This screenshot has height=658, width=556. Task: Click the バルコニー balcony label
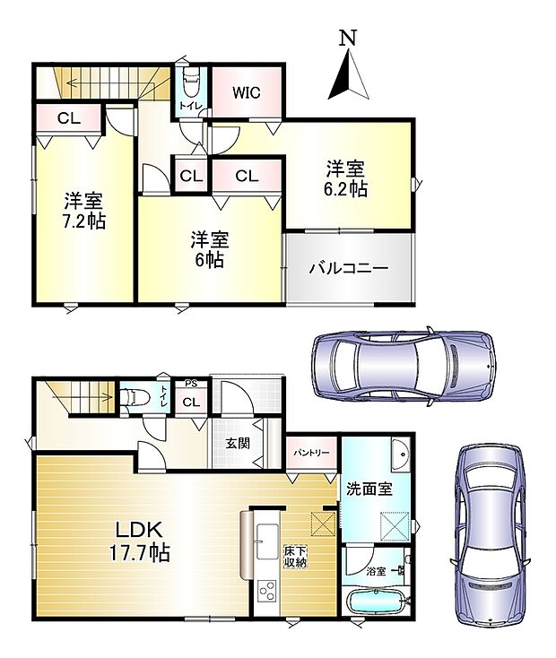[349, 267]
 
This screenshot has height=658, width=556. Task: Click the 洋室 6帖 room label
[211, 250]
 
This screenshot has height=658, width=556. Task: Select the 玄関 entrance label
[236, 442]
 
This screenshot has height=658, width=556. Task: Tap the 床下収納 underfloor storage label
[295, 556]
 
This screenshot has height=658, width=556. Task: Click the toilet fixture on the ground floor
[132, 397]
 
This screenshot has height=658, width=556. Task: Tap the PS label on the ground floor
[190, 384]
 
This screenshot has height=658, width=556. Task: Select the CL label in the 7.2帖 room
[67, 117]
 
